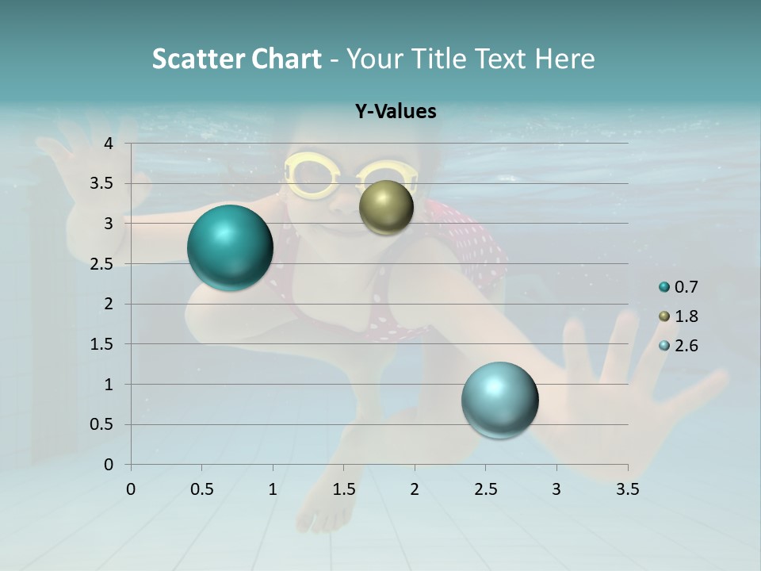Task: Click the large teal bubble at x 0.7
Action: (231, 247)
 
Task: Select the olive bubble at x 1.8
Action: (386, 207)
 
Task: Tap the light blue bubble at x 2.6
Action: (500, 400)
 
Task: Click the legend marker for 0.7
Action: (664, 287)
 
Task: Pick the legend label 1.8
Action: (686, 316)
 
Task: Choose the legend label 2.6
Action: (686, 346)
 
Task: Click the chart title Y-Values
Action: (395, 112)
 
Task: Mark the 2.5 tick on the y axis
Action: (101, 264)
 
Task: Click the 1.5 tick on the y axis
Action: (101, 344)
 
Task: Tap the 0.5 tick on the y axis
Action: (101, 425)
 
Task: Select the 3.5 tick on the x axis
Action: (627, 489)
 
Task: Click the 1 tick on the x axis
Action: (273, 489)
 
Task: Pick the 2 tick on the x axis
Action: (415, 489)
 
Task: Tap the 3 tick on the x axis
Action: (556, 489)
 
